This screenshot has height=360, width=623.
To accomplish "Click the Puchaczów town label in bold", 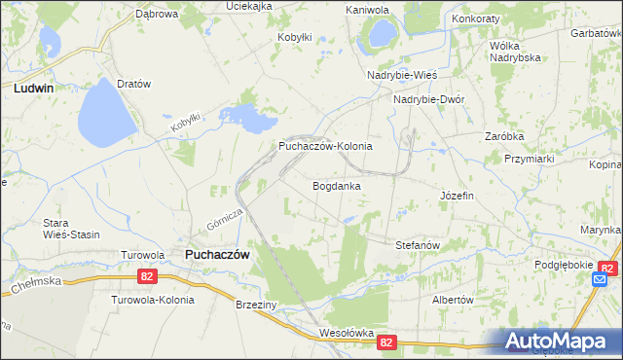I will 217,254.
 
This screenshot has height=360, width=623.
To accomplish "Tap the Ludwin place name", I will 33,87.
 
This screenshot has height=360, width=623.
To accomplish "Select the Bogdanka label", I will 337,185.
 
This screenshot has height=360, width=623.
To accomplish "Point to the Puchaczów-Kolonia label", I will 325,146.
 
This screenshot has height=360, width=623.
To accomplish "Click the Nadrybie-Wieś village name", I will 402,75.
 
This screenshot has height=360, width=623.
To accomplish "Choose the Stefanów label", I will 420,245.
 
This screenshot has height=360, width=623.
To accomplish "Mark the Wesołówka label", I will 347,333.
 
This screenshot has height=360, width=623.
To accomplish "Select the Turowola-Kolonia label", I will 153,300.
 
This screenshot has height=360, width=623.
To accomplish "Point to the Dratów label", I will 133,84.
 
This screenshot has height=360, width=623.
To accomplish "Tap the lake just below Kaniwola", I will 377,35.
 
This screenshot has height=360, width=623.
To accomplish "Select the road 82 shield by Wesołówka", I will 387,342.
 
